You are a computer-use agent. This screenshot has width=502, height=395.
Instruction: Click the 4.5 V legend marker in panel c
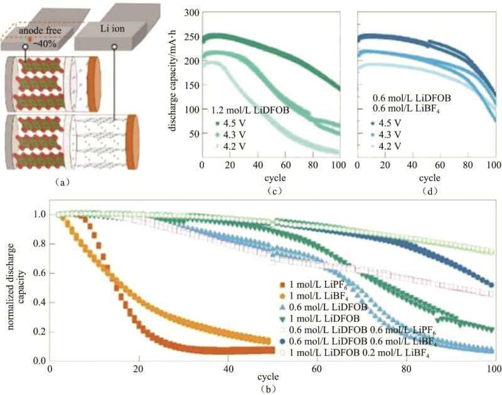point(217,124)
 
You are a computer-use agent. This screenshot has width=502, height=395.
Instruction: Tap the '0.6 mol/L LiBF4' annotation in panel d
point(405,108)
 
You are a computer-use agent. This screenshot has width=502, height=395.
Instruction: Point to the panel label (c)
point(271,189)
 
